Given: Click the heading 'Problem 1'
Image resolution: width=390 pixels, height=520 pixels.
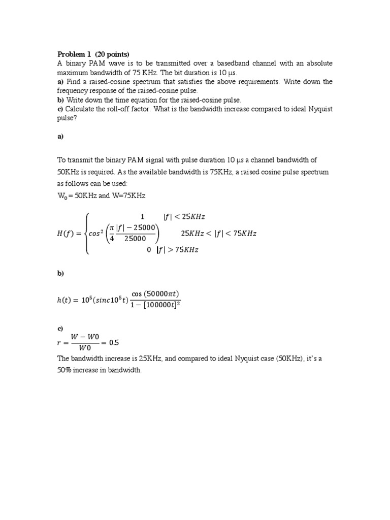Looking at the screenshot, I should pos(74,54).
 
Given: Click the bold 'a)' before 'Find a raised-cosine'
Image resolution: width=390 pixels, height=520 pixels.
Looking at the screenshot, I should pos(60,82).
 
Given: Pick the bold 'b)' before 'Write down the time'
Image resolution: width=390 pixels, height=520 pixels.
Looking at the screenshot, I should pos(60,100).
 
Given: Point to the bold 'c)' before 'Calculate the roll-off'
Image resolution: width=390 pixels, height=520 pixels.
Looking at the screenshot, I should pos(60,109).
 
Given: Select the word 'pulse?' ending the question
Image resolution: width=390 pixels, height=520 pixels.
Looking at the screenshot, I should pos(67,118).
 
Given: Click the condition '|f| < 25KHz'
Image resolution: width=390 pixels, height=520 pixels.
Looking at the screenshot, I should pos(184,217).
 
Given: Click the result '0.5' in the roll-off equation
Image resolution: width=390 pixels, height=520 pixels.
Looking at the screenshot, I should pos(114,343).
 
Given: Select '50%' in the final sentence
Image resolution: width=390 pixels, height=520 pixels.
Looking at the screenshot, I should pos(65,371).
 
